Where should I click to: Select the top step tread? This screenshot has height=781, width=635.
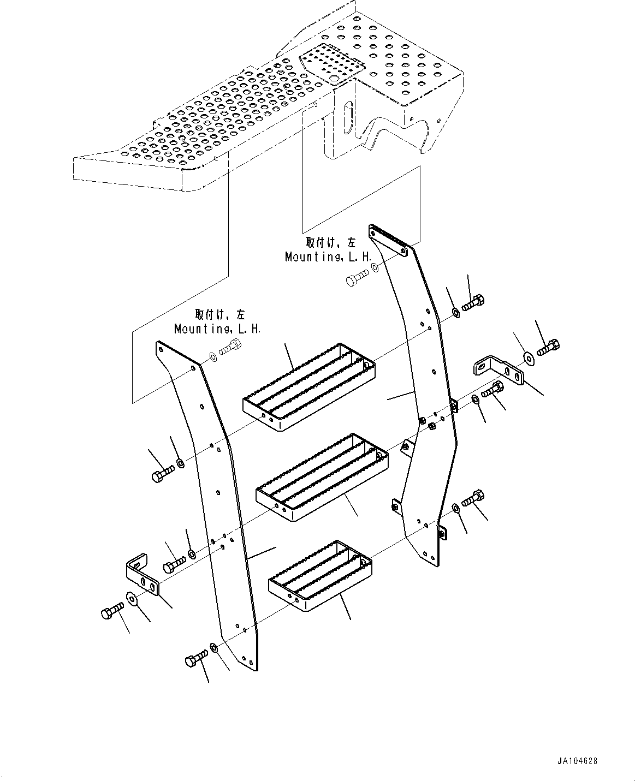(309, 387)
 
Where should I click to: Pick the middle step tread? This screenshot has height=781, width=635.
(322, 477)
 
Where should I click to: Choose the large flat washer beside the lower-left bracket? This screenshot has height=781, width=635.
(131, 598)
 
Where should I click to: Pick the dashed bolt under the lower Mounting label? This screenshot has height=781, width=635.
(230, 347)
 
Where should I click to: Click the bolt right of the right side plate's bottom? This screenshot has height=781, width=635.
(473, 499)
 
